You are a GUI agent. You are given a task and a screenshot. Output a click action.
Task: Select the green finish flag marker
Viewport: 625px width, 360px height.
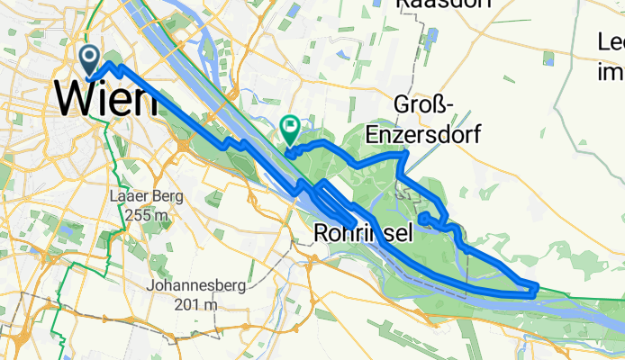(291, 130)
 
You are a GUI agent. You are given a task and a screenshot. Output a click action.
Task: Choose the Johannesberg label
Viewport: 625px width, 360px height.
(185, 287)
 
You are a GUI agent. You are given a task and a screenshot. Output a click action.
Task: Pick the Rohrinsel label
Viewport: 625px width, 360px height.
(365, 234)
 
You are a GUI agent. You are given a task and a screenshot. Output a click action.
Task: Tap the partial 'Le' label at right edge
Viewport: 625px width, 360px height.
(611, 42)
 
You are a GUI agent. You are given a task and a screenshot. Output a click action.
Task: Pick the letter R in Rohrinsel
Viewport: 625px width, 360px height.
(324, 234)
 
